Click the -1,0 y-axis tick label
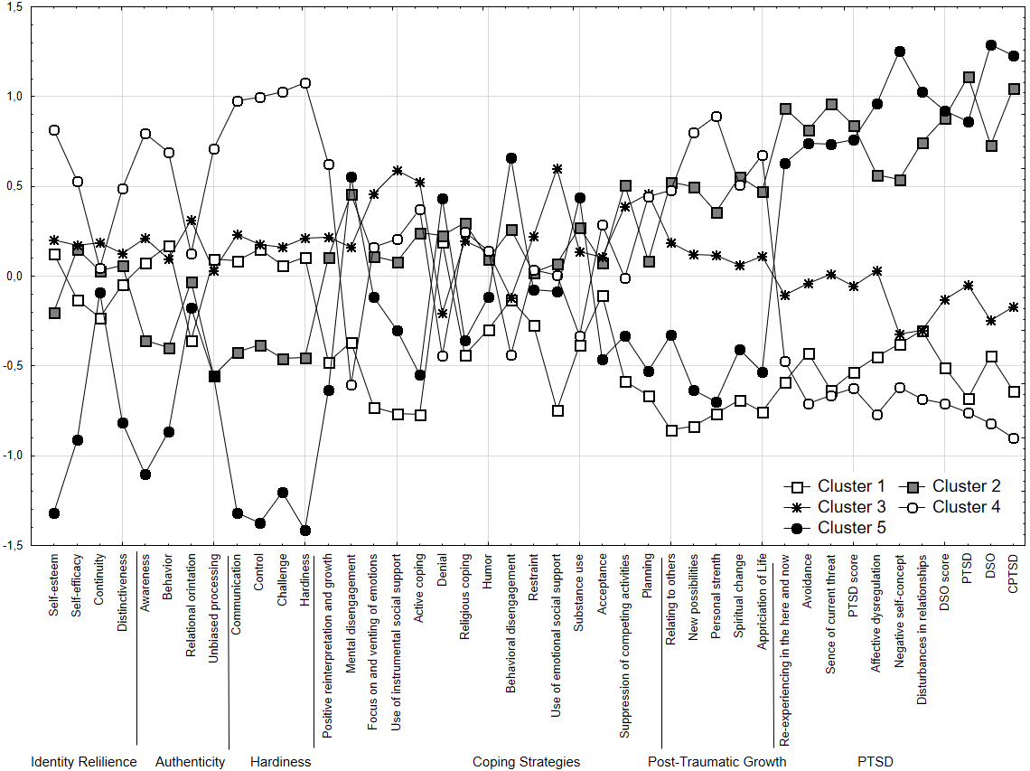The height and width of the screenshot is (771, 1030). [16, 456]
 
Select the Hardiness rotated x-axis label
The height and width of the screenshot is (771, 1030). [305, 582]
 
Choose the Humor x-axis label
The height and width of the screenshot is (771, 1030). [489, 571]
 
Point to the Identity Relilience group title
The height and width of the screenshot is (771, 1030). [84, 762]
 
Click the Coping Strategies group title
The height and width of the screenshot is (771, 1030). [526, 762]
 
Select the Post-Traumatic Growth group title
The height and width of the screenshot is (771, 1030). [716, 762]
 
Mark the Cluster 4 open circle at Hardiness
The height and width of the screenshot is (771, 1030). [305, 83]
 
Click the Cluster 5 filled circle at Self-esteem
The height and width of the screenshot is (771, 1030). [54, 513]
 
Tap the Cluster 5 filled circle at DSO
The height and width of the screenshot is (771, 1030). [991, 45]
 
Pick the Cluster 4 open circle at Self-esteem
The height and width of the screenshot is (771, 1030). [54, 130]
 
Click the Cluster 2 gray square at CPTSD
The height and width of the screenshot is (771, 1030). [1014, 89]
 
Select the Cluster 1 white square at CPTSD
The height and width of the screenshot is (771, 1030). [1014, 391]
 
